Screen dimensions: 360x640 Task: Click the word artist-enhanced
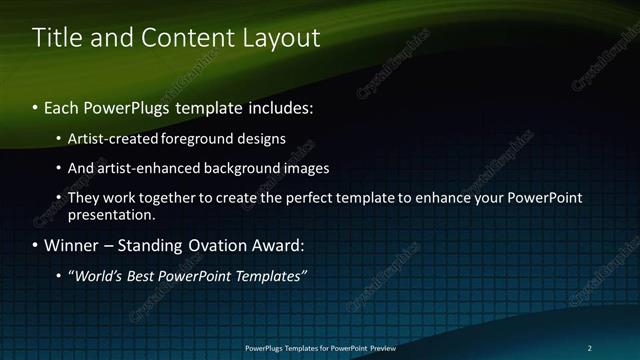(x=146, y=168)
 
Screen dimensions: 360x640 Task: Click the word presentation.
(x=111, y=214)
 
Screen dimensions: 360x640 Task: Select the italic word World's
(x=96, y=275)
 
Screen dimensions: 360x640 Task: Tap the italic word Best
(x=141, y=275)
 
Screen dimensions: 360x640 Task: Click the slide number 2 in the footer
(x=590, y=347)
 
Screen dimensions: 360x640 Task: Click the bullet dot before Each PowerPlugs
(x=36, y=106)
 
